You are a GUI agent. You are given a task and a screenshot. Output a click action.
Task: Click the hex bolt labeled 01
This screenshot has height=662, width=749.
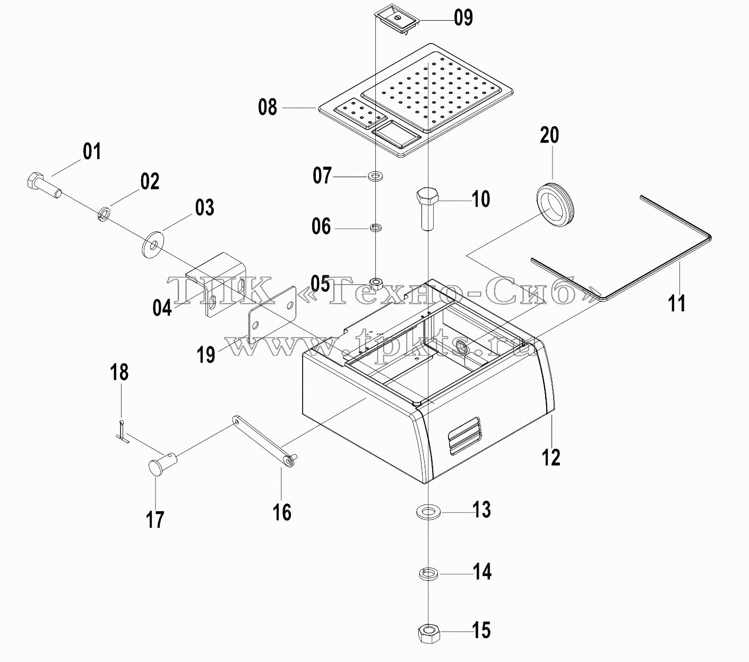(44, 186)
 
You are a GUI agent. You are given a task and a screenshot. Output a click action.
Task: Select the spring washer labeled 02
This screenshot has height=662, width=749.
(105, 214)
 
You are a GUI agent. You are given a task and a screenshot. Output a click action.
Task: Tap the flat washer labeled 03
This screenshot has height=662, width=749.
(152, 244)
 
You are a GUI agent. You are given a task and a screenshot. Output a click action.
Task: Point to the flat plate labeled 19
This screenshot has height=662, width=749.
(273, 315)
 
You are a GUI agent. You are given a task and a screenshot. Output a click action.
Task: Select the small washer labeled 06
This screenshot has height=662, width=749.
(376, 227)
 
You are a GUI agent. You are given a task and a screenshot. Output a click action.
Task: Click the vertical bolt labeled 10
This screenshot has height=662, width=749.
(428, 209)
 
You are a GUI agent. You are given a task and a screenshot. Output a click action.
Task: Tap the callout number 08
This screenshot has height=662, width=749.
(268, 107)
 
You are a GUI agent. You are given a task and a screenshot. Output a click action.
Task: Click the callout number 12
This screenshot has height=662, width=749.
(551, 457)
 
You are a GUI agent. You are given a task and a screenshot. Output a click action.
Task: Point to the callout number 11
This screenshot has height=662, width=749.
(677, 303)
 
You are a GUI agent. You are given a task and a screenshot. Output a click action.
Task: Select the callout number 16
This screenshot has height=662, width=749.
(282, 512)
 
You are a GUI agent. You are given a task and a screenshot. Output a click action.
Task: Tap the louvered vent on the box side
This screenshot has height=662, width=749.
(464, 436)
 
